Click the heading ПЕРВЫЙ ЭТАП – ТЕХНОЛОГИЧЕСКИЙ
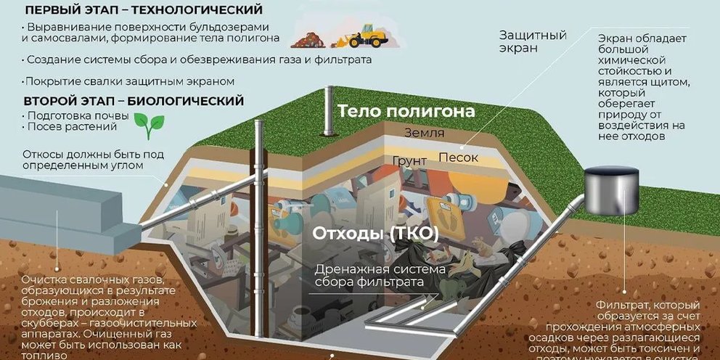point(143,10)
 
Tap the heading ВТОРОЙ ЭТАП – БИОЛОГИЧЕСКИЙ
point(133,101)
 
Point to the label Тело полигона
point(406,112)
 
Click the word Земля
point(425,134)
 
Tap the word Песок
point(459,157)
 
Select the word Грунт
point(409,160)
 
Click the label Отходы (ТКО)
point(376,234)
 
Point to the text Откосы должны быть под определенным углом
point(93,160)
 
